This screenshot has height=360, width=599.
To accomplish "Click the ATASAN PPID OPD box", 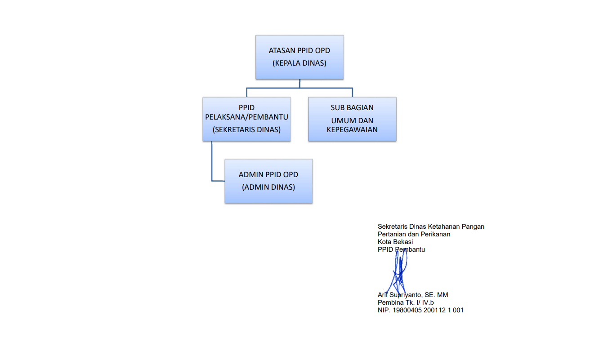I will point(299,57).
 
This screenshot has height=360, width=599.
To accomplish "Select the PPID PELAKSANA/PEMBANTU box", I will point(246,119).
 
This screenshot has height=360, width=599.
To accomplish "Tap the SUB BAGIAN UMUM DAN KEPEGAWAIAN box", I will point(352,119).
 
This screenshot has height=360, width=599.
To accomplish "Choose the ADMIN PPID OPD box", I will point(268,181).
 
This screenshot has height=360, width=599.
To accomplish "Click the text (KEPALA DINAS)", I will point(299,63).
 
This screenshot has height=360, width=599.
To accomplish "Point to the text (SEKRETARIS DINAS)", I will point(246,130).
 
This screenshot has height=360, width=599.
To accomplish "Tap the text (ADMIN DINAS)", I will point(268,187).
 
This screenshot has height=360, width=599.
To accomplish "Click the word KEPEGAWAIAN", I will point(352,130).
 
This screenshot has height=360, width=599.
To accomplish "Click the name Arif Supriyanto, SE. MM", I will point(413,295).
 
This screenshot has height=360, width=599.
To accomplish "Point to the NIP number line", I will point(420,310).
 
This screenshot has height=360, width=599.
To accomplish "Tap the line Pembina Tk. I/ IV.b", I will point(406,302).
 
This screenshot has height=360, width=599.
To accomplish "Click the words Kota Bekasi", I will point(395,242).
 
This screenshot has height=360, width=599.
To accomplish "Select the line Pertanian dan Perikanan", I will point(414,234).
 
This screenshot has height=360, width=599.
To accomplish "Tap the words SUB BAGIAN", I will point(352,108).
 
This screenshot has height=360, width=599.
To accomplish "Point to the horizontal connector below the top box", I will point(299,88).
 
